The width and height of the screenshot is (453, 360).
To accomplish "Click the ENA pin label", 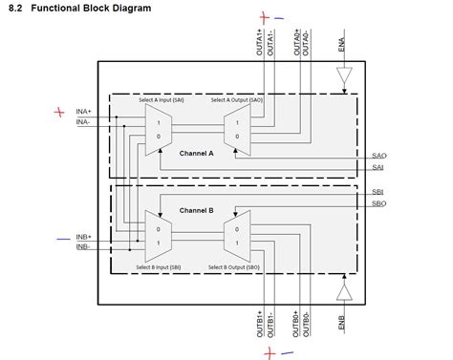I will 342,45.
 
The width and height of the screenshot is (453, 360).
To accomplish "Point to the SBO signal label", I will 379,203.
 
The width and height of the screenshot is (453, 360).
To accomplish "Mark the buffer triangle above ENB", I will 346,289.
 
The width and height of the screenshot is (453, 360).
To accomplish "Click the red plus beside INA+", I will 60,112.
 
